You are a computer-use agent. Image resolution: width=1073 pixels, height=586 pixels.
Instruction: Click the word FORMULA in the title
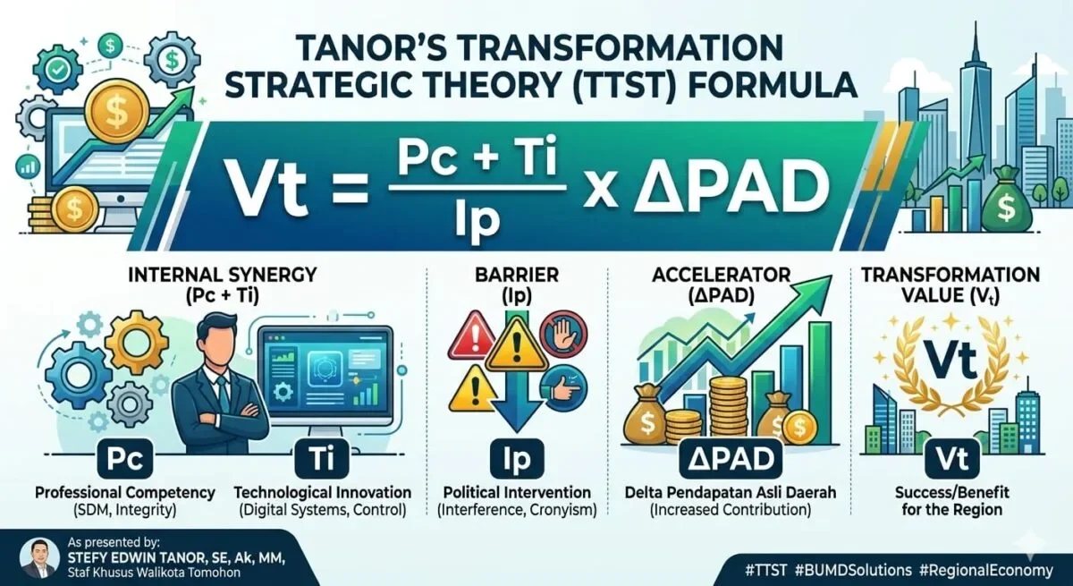coord(766,85)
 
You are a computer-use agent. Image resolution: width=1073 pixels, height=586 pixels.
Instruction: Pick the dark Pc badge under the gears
coord(125,459)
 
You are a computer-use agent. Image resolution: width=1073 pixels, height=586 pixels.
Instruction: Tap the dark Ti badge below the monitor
coord(322,459)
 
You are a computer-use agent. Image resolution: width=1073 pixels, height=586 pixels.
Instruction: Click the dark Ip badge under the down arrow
coord(517,459)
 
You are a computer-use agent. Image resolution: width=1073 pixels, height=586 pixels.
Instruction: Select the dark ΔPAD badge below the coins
coord(731,459)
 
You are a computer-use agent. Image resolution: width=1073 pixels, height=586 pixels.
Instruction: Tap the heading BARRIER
coord(517,275)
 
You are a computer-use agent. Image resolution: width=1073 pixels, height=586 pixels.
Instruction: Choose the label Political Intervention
coord(517,493)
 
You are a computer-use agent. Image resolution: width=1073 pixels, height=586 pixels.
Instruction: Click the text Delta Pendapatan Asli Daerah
coord(731,493)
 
